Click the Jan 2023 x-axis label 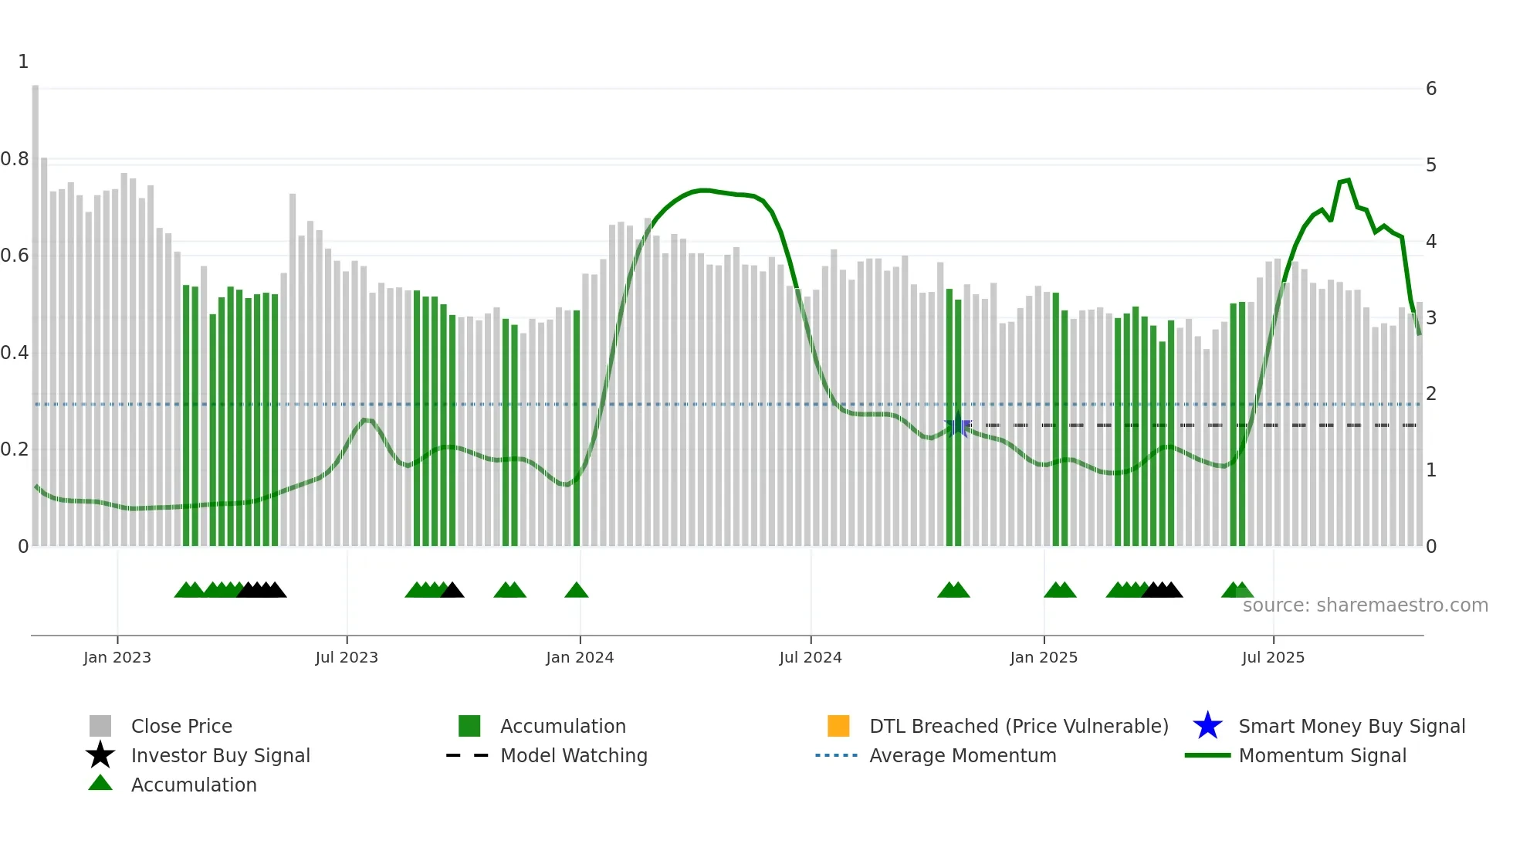coord(117,657)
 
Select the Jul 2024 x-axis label coord(811,657)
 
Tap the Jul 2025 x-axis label coord(1273,657)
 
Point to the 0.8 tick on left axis coord(15,159)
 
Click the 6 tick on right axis coord(1431,89)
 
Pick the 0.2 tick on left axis coord(15,449)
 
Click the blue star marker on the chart coord(958,425)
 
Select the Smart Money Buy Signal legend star coord(1207,726)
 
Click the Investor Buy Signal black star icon coord(100,755)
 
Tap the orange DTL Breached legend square coord(838,726)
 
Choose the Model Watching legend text coord(574,755)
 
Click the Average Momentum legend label coord(963,755)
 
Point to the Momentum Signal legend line coord(1207,755)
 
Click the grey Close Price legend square coord(100,726)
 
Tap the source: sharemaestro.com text coord(1365,605)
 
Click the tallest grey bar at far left coord(36,309)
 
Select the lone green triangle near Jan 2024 coord(577,591)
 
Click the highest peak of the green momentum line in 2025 coord(1348,180)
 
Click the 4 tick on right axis coord(1431,242)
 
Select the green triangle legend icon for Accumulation coord(100,783)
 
